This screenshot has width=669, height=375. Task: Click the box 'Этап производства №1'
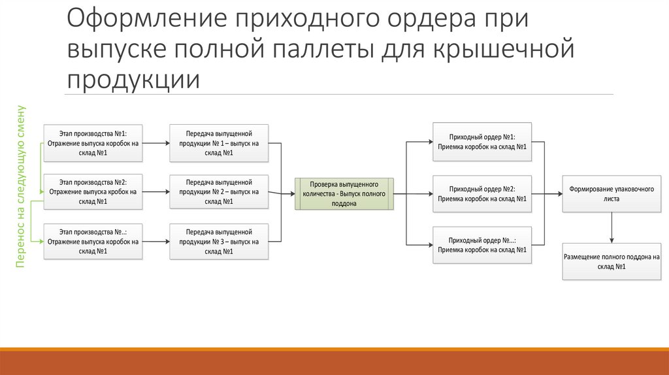(x=92, y=142)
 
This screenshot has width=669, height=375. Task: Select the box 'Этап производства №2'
(x=92, y=192)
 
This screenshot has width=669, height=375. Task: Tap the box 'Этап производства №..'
(x=92, y=242)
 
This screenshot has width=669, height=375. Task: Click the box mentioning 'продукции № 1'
(x=219, y=142)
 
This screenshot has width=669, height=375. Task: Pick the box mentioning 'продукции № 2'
(x=219, y=192)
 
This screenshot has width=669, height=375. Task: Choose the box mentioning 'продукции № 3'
(x=219, y=242)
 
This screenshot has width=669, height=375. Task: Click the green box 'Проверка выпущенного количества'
(x=345, y=194)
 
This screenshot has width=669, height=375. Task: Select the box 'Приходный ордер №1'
(x=482, y=142)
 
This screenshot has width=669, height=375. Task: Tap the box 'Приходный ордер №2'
(x=482, y=193)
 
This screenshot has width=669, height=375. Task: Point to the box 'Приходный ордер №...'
(x=482, y=244)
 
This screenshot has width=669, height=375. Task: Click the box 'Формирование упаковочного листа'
(x=612, y=193)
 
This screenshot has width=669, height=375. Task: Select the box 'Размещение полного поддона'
(x=612, y=261)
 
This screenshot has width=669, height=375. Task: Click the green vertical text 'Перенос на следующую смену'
(x=21, y=186)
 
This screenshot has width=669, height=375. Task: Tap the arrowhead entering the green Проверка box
(x=291, y=193)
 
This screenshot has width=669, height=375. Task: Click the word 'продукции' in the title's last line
(x=132, y=79)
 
